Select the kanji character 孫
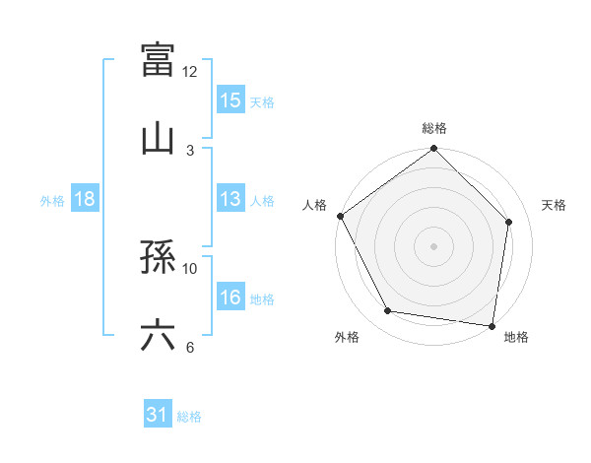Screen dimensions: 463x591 (x=158, y=259)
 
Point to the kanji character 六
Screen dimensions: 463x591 (x=158, y=336)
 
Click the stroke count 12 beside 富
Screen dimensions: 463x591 (x=190, y=71)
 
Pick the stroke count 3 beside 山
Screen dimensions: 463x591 (x=190, y=150)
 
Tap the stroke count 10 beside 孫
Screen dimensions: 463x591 (x=190, y=268)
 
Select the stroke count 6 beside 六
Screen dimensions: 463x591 (x=190, y=347)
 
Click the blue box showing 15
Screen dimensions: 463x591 (x=230, y=100)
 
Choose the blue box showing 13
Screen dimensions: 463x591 (x=230, y=199)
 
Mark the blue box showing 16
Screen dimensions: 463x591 (x=230, y=298)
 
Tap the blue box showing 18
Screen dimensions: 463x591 (x=86, y=199)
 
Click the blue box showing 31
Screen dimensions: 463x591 (x=158, y=415)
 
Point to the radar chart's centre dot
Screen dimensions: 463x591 (x=433, y=245)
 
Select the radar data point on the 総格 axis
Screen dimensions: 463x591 (x=433, y=150)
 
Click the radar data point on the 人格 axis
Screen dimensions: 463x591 (x=340, y=216)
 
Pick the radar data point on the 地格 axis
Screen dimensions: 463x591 (x=492, y=325)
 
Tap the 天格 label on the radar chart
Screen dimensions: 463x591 (x=555, y=205)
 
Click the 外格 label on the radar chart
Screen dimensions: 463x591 (x=347, y=337)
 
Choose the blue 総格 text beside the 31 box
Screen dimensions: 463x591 (x=189, y=416)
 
